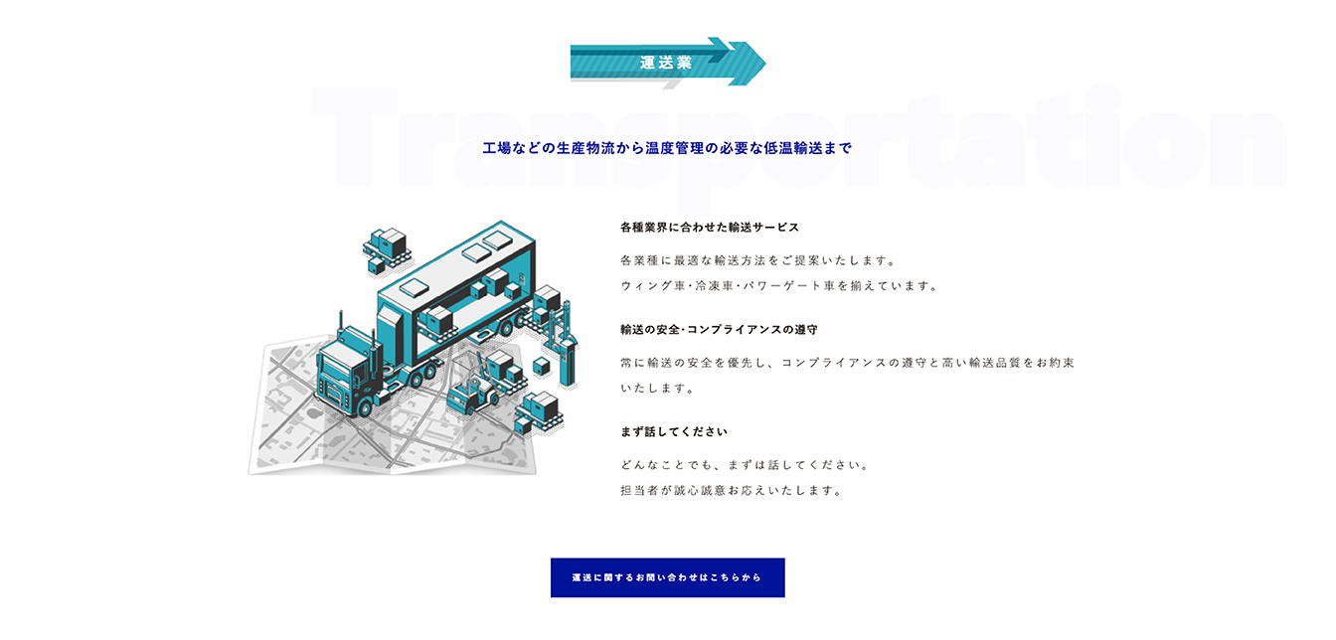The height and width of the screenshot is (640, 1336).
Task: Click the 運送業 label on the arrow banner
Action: pos(666,63)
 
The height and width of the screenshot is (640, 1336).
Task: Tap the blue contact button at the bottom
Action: pos(667,577)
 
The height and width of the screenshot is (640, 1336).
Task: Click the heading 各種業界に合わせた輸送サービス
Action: pos(709,228)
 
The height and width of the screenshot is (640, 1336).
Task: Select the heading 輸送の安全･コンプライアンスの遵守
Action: pos(719,329)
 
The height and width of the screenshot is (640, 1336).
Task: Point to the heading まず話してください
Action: pos(674,432)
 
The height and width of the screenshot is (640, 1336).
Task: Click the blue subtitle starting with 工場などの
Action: pos(667,148)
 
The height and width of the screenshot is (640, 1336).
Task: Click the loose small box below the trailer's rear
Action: pos(541,367)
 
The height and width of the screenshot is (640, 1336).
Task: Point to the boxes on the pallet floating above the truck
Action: pos(388,251)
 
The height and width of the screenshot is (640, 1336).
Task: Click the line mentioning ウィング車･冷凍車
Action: pos(779,285)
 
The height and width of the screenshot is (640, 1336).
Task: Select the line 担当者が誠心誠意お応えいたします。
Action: pos(732,490)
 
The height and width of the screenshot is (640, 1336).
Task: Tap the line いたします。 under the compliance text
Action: pos(657,389)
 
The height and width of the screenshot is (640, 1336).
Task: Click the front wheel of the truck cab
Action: pos(363,408)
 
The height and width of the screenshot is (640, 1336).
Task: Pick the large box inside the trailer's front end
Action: pos(439,321)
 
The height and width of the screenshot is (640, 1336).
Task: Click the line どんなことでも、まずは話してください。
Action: pos(745,465)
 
